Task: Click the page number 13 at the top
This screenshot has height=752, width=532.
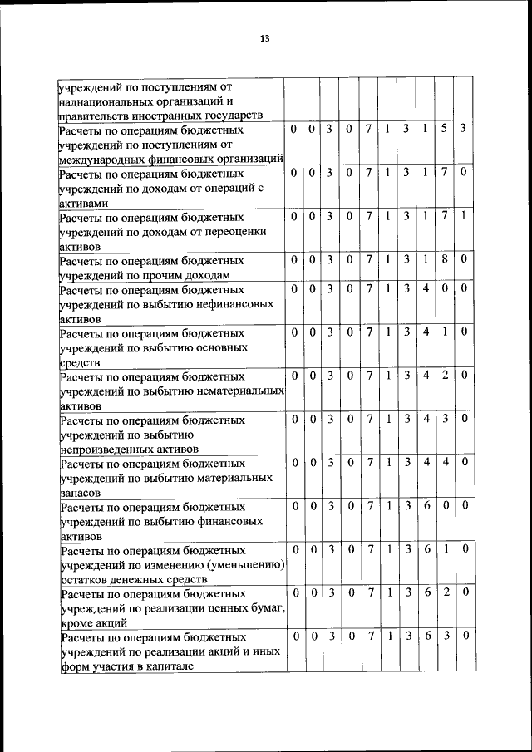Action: [265, 39]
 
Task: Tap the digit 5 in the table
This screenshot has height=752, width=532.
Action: [445, 130]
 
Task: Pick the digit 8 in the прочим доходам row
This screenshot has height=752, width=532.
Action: [445, 259]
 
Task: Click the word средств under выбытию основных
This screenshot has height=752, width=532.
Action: [79, 362]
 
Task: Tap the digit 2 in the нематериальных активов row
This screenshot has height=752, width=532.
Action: [445, 375]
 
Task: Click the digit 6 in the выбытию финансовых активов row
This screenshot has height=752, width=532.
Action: [426, 504]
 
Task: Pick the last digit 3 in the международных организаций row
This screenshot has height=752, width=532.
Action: [463, 130]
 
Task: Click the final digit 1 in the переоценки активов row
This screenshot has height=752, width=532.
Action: [463, 216]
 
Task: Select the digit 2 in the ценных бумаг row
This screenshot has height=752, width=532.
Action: [445, 593]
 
